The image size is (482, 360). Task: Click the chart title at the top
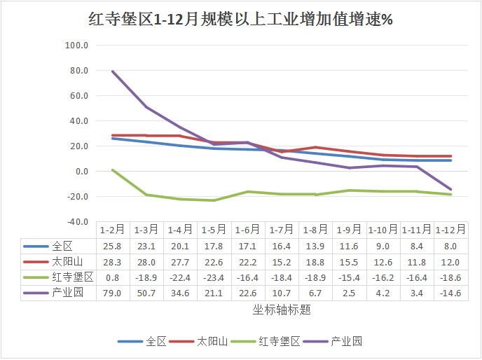tap(240, 20)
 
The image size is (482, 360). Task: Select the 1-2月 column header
tap(112, 230)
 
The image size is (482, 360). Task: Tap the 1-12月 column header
tap(451, 230)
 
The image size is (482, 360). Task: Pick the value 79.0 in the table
tap(112, 293)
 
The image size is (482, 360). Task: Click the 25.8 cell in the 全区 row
tap(112, 247)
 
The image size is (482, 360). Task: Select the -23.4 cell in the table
tap(214, 277)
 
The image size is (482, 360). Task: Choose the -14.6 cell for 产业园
tap(451, 293)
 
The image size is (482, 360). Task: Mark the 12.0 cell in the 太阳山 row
tap(451, 262)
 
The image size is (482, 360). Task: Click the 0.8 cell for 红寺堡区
tap(112, 277)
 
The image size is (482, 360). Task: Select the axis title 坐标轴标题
tap(282, 309)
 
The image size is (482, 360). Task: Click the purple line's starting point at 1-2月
tap(112, 71)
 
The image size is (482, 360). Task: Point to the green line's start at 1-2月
tap(112, 170)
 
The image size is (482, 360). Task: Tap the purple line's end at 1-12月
tap(451, 190)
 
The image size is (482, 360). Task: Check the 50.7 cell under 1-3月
tap(146, 293)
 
